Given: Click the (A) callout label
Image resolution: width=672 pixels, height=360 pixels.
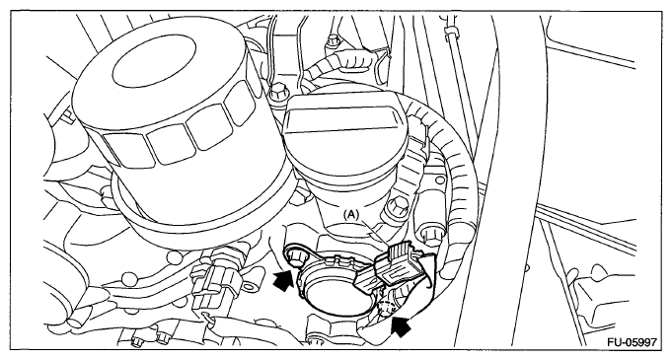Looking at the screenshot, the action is [351, 215].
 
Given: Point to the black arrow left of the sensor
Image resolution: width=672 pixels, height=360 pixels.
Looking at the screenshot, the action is [283, 279].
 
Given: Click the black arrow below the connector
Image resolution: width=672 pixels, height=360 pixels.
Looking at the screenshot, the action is [401, 326].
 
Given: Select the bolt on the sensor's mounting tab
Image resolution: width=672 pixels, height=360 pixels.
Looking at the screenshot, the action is [294, 258].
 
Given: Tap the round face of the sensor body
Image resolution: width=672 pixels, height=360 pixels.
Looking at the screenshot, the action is [331, 297].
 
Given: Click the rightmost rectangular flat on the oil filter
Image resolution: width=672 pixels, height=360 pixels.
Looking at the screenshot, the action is [240, 103].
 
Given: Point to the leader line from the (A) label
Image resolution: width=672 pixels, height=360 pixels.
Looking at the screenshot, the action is [376, 234].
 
